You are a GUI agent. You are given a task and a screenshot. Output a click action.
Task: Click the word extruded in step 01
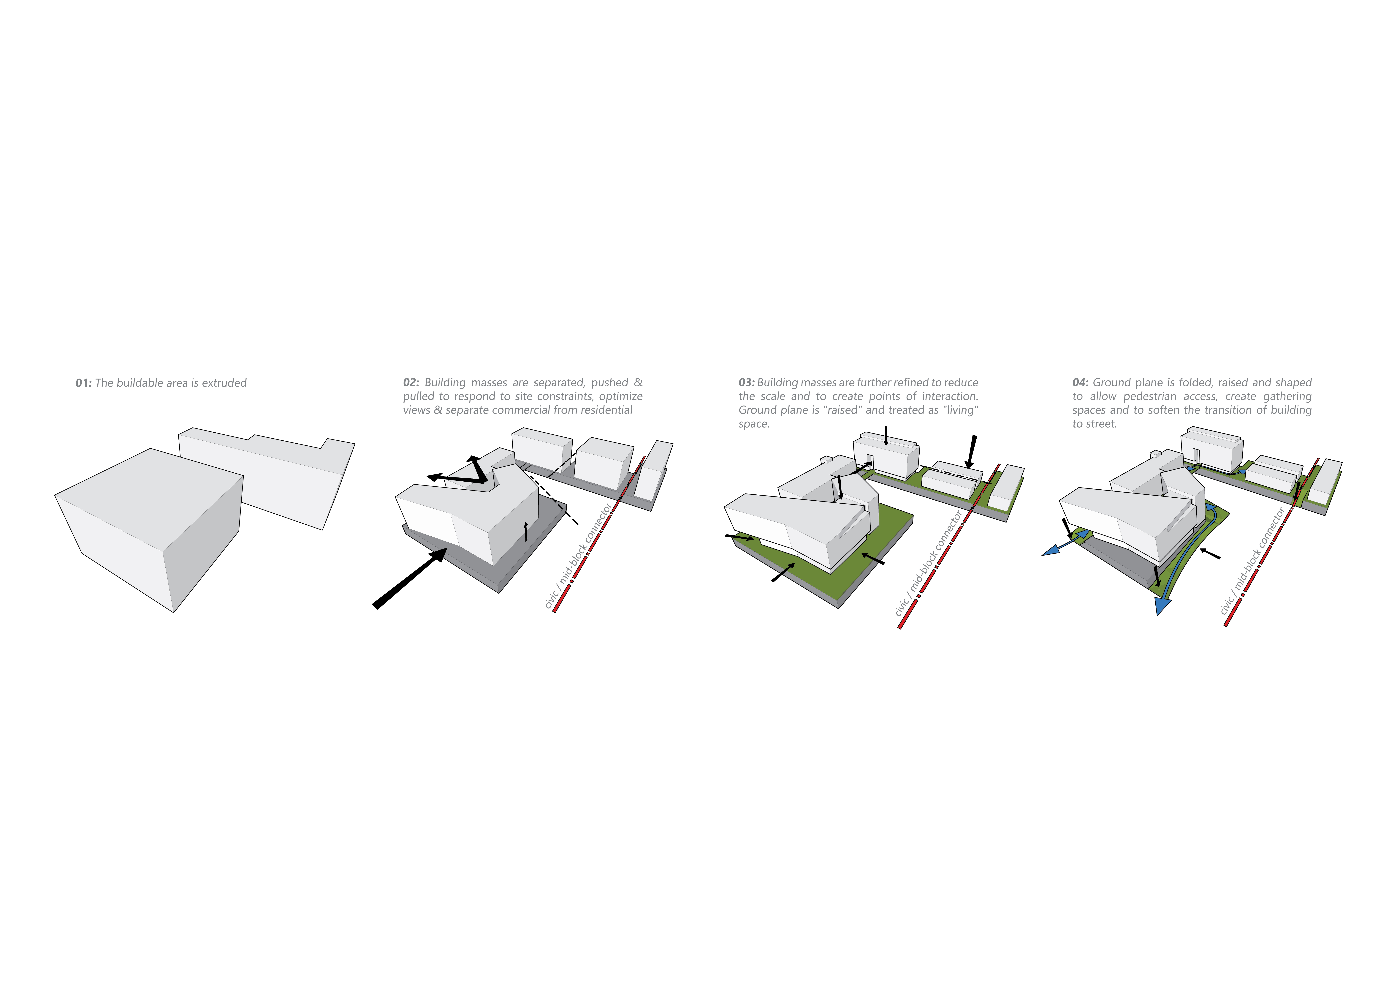tap(224, 383)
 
